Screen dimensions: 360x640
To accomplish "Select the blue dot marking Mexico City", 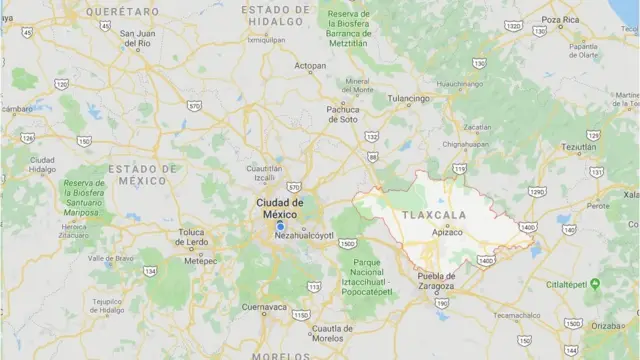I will pyautogui.click(x=280, y=226).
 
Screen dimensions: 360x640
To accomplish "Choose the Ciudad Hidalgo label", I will pyautogui.click(x=42, y=165).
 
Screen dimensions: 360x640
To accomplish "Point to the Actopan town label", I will pyautogui.click(x=309, y=66).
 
